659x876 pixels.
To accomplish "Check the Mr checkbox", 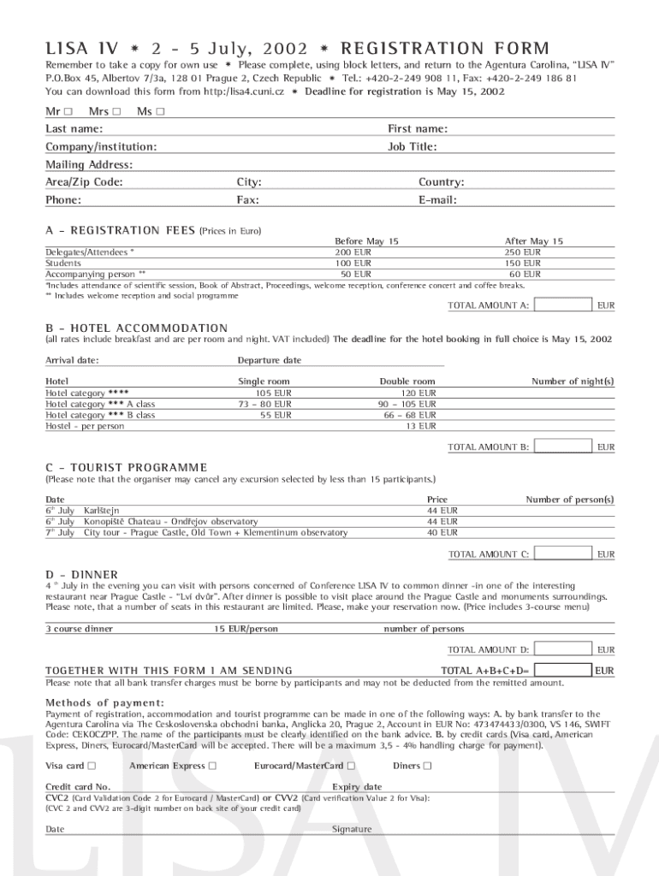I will [x=68, y=111].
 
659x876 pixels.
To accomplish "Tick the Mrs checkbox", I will [x=116, y=111].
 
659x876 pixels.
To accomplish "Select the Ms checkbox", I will [x=160, y=111].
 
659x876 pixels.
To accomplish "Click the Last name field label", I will [x=74, y=128].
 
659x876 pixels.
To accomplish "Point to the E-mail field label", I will [x=437, y=200].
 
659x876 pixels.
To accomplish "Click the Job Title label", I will [x=412, y=146].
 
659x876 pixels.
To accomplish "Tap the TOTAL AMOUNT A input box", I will [x=561, y=305].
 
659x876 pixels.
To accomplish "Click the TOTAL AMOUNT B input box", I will [x=561, y=447].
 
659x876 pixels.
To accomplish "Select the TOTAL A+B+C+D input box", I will [x=561, y=670].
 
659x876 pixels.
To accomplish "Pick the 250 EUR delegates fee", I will [x=522, y=252].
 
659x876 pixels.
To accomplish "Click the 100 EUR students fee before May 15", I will [x=353, y=263].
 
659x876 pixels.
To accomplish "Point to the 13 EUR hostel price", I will [x=420, y=425].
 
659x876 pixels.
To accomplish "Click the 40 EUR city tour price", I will [x=442, y=532].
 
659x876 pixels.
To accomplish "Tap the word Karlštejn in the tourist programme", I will [x=101, y=510].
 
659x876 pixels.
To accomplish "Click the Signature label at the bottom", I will [x=352, y=829].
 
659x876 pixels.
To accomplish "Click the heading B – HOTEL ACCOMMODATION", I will [x=136, y=328].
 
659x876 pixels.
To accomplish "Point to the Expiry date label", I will [x=357, y=787].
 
